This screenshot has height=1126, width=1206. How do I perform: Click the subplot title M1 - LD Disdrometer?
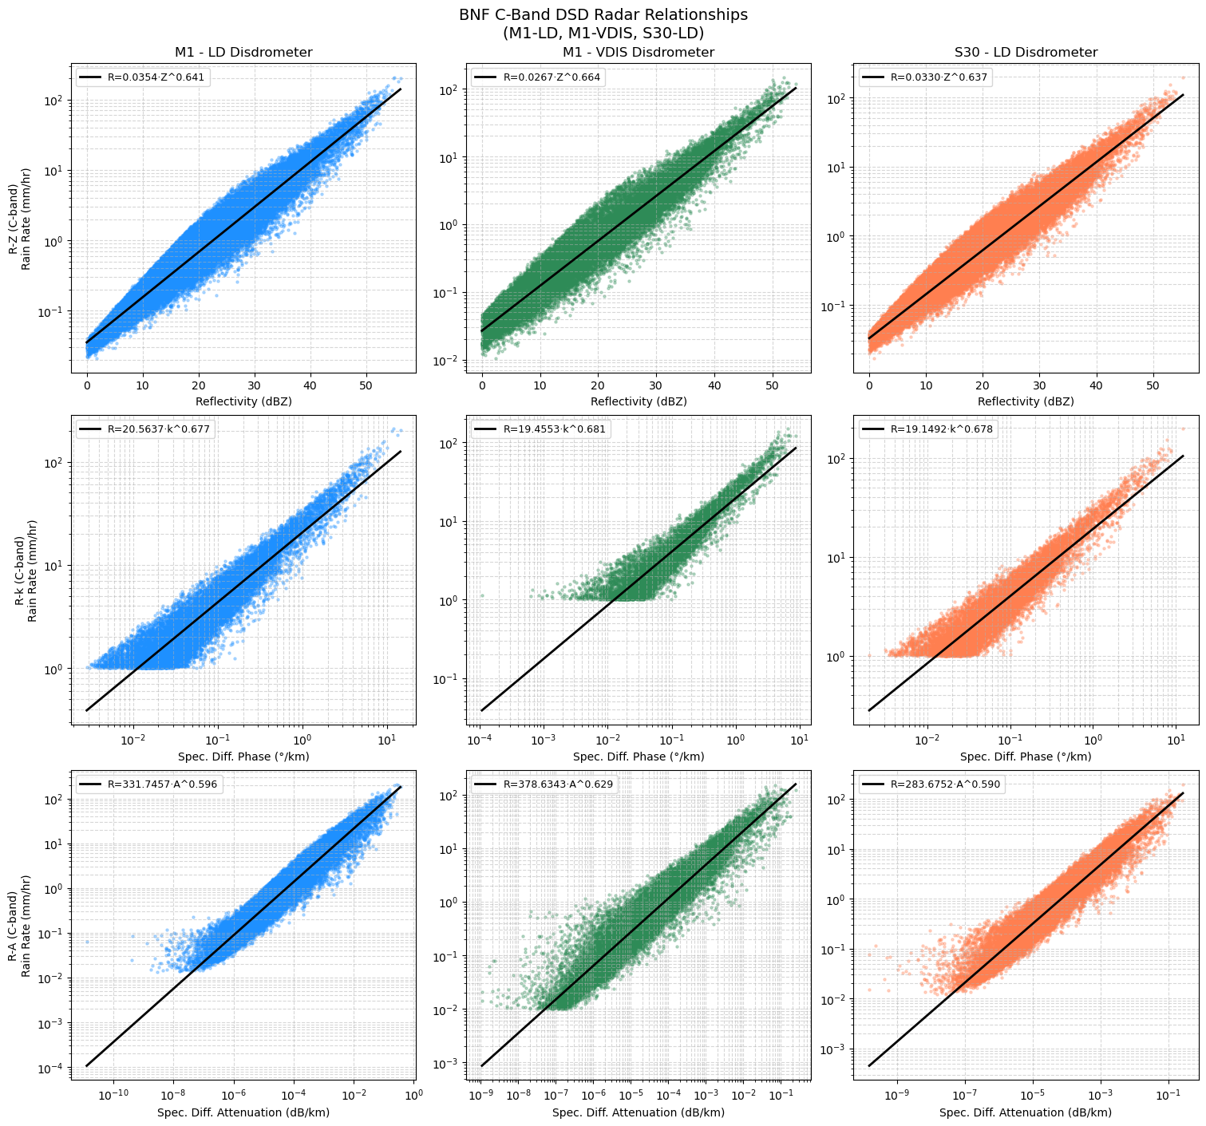243,53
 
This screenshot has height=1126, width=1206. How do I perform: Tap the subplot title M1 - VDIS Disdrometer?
638,53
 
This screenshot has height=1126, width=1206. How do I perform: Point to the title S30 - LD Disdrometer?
1026,53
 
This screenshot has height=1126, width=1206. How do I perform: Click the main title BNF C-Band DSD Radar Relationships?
603,14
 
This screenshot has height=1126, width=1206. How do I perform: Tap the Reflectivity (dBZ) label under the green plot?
638,401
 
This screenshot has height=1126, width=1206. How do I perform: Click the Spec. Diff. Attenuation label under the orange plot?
1026,1112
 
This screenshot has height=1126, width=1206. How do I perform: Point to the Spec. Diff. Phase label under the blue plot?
243,757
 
